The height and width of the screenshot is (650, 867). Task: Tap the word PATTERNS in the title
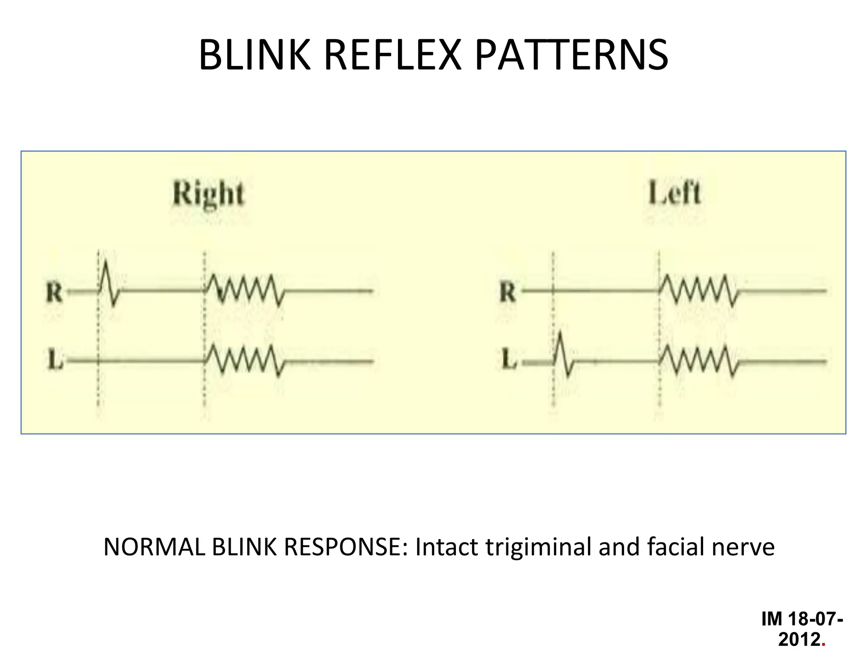[571, 55]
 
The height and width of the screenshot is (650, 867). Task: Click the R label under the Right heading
[54, 292]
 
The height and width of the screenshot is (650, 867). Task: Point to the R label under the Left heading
[508, 292]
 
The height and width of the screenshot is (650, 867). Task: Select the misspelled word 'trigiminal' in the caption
[538, 547]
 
